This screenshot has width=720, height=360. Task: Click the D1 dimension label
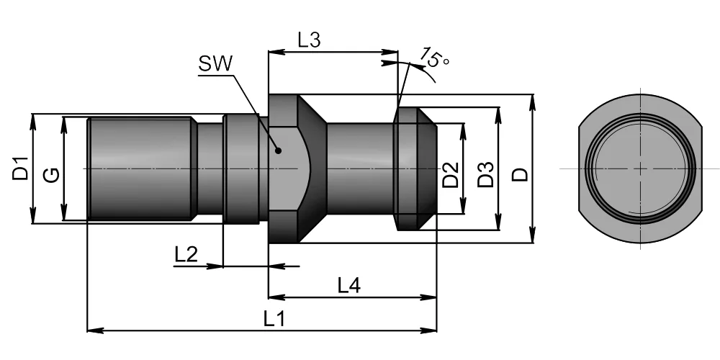coord(21,168)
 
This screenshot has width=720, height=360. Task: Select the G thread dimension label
coord(51,174)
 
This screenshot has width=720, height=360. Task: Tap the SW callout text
coord(215,64)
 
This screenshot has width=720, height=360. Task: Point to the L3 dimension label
coord(309,40)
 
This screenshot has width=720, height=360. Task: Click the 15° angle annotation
coord(434,58)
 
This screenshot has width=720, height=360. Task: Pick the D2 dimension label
coord(451,175)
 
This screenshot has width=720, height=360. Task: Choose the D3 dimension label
coord(485,174)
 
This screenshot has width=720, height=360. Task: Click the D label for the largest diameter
coord(521,174)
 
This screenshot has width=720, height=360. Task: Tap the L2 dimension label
coord(186,254)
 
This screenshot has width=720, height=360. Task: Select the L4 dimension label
coord(349,285)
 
